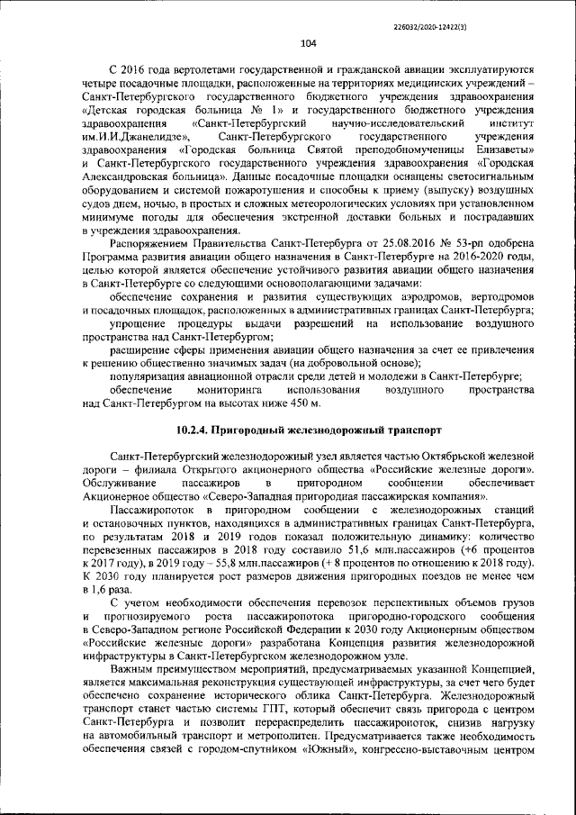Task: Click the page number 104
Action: pyautogui.click(x=307, y=42)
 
